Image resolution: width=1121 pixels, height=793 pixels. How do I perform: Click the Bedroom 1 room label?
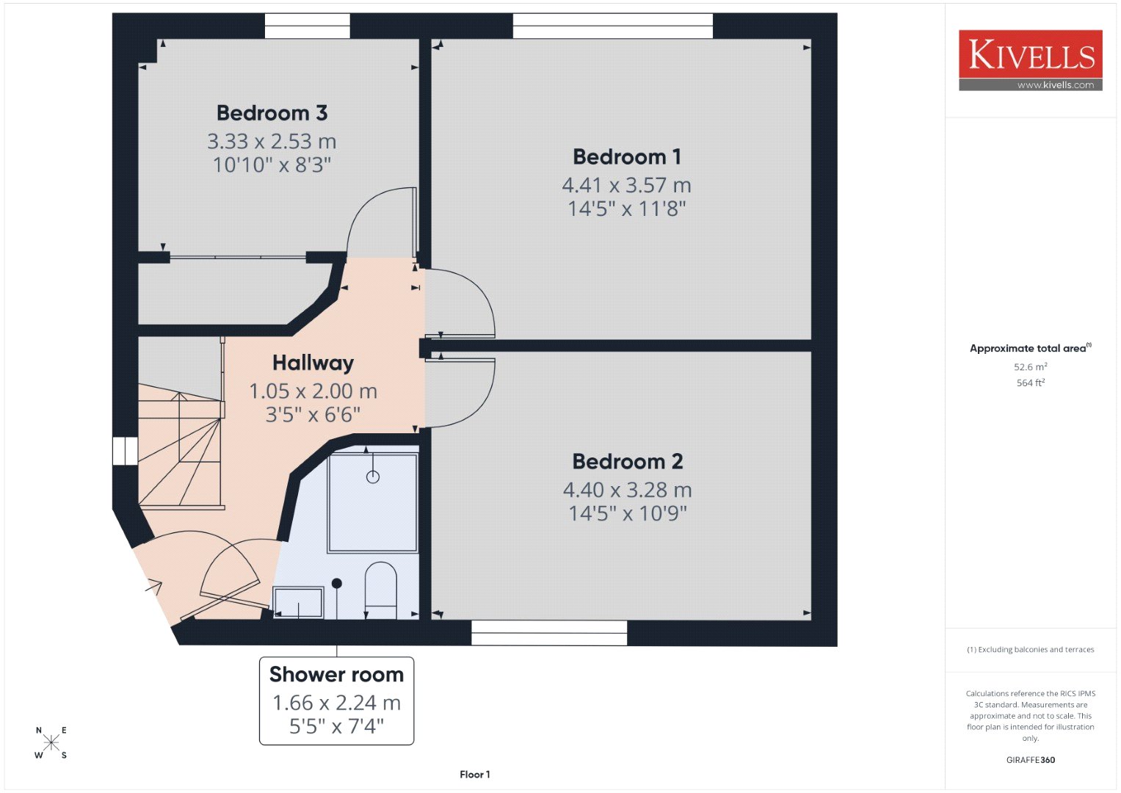[626, 156]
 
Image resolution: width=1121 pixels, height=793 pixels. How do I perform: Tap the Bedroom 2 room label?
[628, 462]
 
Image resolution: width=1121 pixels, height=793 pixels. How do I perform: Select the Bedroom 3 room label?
[272, 112]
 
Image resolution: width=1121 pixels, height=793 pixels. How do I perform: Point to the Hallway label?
[313, 363]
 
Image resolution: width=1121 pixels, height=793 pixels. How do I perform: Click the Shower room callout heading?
[336, 674]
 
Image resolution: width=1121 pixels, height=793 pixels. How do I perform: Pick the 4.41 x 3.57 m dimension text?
[626, 185]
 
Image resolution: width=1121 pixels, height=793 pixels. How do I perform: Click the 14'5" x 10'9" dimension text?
[628, 513]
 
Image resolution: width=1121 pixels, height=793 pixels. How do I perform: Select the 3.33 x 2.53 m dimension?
[272, 141]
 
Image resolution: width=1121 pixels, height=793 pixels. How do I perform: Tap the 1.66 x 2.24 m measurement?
[336, 703]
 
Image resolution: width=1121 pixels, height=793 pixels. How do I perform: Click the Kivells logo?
[1031, 60]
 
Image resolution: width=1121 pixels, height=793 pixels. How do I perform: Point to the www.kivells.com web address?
[1056, 85]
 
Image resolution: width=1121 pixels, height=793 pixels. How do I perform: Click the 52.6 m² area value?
[1031, 366]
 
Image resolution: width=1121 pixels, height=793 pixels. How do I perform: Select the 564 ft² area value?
[1031, 383]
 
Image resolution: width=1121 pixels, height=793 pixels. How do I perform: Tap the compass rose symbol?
[51, 742]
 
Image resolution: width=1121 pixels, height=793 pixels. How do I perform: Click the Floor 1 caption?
[474, 775]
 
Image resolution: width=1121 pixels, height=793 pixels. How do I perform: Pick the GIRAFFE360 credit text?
[1031, 760]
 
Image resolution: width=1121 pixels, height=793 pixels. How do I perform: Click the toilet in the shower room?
[381, 590]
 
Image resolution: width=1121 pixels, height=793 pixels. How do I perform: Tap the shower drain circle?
[373, 477]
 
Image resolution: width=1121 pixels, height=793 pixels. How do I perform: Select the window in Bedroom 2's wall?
[549, 633]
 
